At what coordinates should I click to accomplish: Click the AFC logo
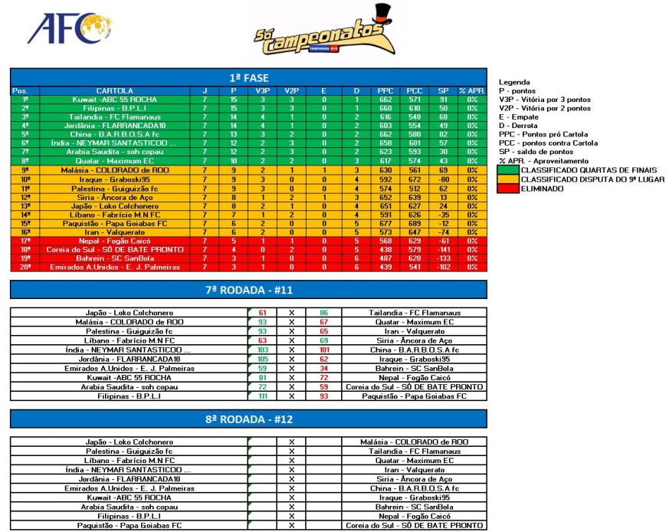coord(65,31)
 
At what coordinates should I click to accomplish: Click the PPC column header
coord(385,91)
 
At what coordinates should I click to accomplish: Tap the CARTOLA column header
coord(114,91)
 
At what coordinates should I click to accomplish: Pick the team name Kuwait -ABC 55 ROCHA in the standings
coord(114,100)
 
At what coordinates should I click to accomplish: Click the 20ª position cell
coord(25,268)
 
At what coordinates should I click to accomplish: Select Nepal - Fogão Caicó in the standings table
coord(114,241)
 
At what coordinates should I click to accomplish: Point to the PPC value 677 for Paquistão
coord(385,224)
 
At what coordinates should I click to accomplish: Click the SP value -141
coord(444,250)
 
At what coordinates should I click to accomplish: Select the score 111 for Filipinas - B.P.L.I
coord(263,396)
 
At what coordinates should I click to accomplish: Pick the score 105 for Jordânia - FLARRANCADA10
coord(263,359)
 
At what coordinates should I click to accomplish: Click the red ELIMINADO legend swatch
coord(509,189)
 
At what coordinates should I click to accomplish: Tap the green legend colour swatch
coord(509,170)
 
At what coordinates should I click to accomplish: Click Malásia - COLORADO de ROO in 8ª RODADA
coord(414,442)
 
